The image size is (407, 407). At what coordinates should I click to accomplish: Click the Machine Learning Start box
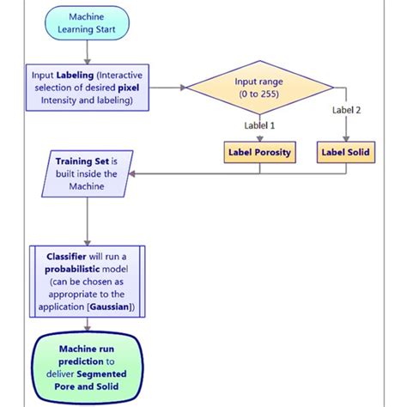(x=88, y=22)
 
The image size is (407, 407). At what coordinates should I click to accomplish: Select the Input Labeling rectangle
(x=88, y=87)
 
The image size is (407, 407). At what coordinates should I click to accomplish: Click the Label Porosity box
(x=258, y=153)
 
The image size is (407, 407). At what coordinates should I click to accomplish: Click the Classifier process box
(x=88, y=281)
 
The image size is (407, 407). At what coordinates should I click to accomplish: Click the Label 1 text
(x=259, y=125)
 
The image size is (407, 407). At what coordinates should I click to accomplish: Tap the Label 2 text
(x=347, y=109)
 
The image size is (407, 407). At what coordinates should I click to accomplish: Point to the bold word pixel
(x=127, y=87)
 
